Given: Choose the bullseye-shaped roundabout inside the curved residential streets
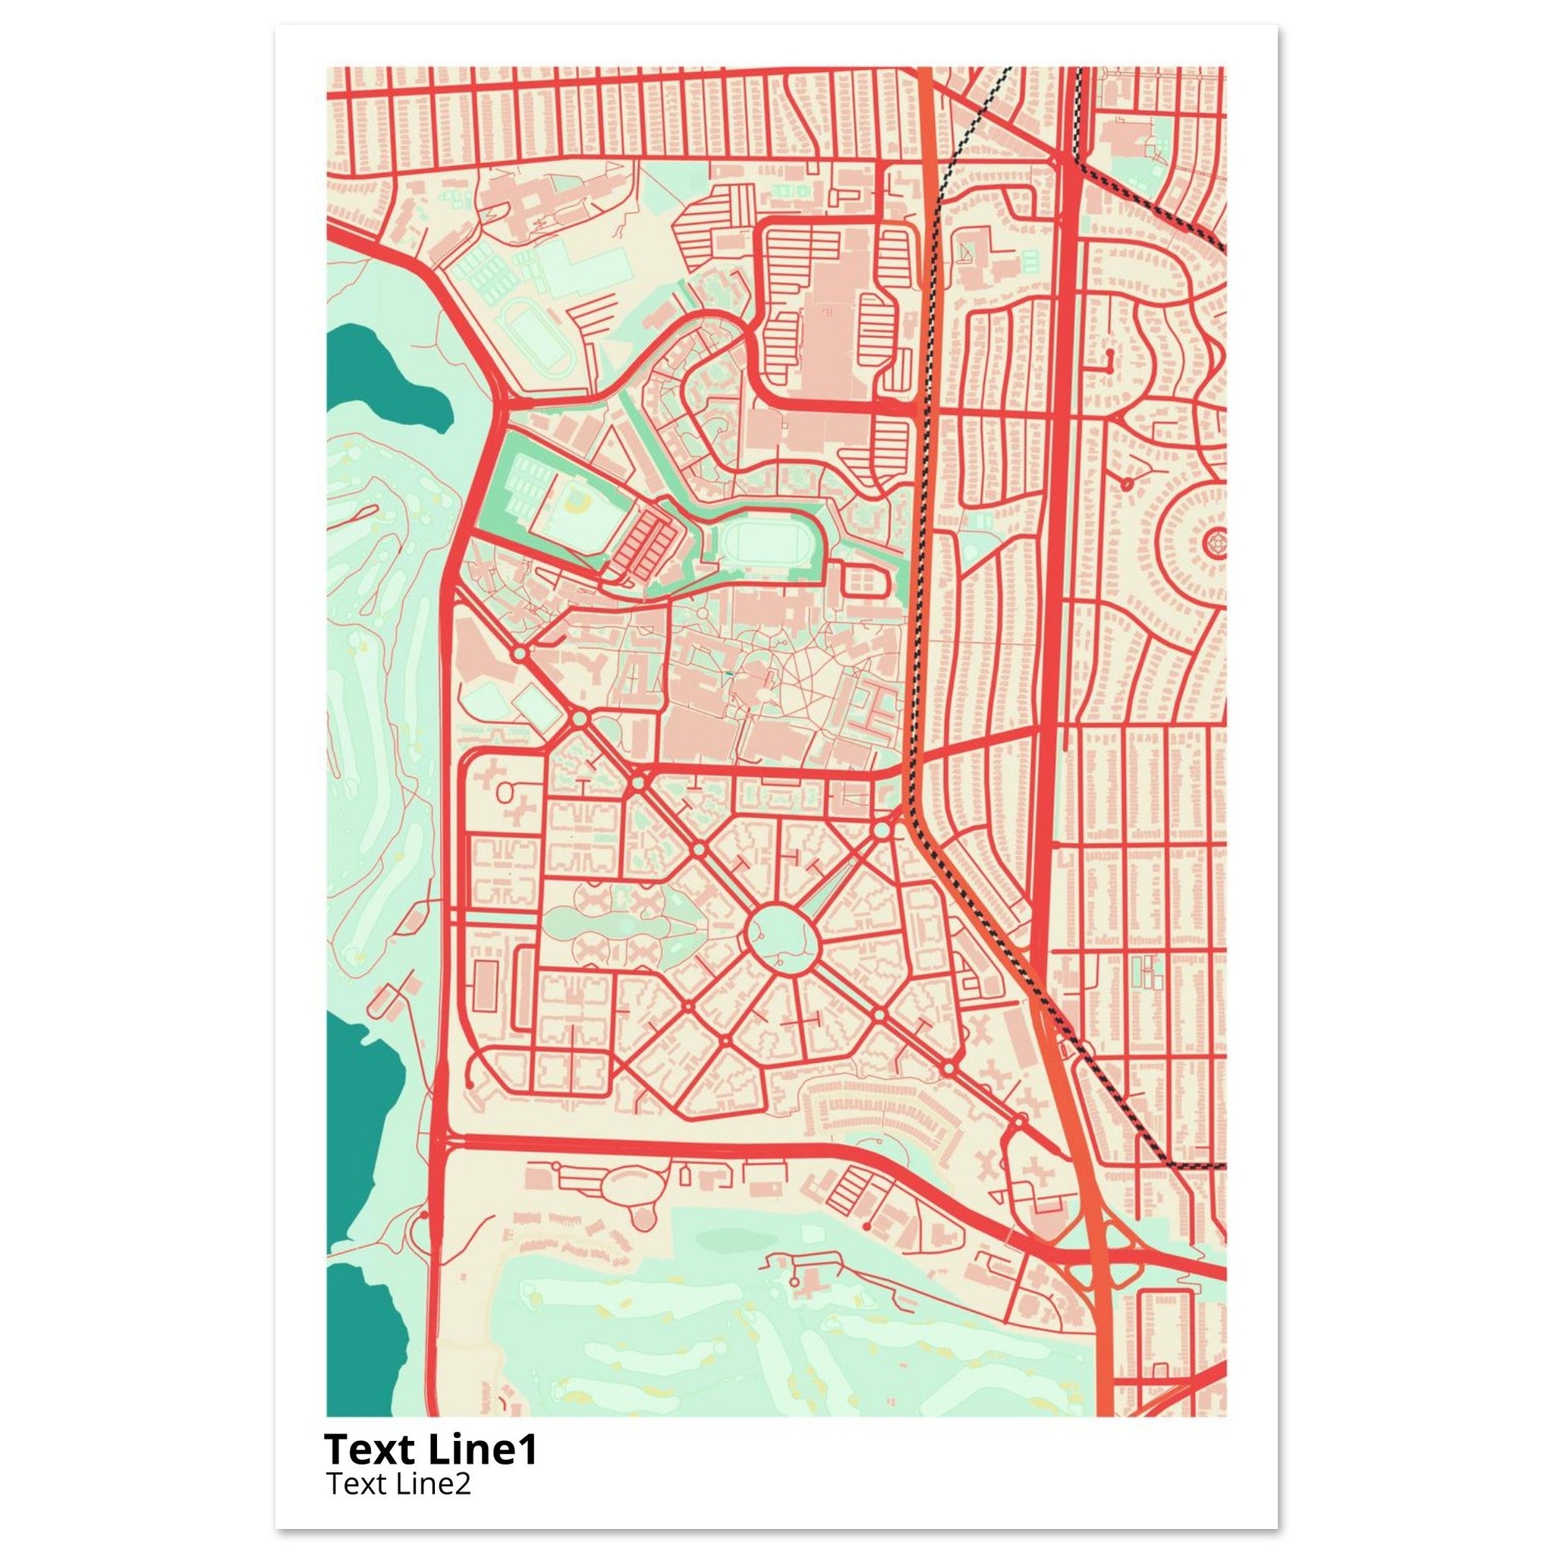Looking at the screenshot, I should [x=1216, y=545].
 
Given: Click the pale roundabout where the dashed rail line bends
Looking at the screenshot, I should [x=882, y=829].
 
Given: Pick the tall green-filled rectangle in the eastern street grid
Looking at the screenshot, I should [x=1137, y=973].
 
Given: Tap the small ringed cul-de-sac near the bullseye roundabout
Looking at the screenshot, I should [x=1127, y=483].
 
